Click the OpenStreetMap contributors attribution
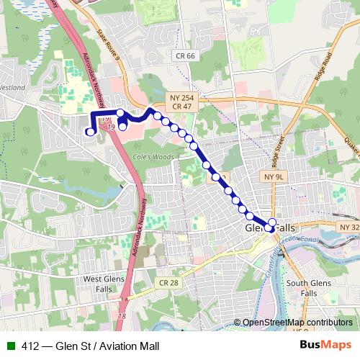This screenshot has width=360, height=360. pyautogui.click(x=297, y=323)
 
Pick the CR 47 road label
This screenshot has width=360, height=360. pyautogui.click(x=181, y=106)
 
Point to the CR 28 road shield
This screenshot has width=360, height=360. pyautogui.click(x=168, y=283)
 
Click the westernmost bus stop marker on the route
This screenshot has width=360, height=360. pyautogui.click(x=90, y=131)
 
